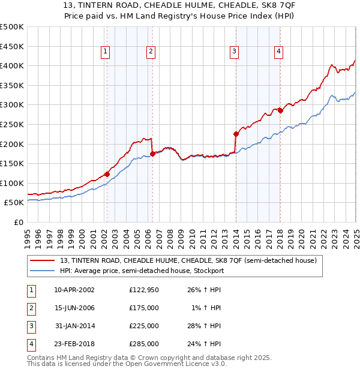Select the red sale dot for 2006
click(x=152, y=154)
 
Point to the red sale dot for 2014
click(x=236, y=134)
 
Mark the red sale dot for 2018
click(x=280, y=110)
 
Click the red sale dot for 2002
click(x=107, y=174)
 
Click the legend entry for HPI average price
click(x=142, y=271)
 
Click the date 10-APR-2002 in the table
click(x=74, y=289)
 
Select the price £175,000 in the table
click(x=144, y=308)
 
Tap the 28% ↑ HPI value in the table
click(x=205, y=326)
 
